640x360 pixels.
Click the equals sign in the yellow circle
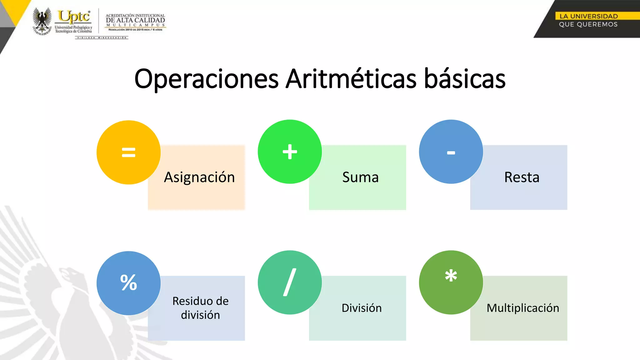coord(128,152)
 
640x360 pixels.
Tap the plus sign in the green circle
coord(290,152)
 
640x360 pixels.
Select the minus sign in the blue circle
coord(451,153)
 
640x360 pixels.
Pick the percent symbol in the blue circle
coord(128,282)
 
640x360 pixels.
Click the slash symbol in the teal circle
coord(290,282)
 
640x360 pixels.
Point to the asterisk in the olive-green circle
coord(451,276)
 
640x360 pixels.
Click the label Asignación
coord(199,177)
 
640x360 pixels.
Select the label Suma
coord(360,177)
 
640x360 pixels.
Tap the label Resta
coord(522,177)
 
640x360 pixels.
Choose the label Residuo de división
coord(200,308)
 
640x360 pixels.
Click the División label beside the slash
coord(362,308)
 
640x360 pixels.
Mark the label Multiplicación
coord(523,308)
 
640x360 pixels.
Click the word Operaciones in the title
coord(206,79)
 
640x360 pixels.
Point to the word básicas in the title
coord(465,79)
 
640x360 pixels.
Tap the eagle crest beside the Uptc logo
coord(42,21)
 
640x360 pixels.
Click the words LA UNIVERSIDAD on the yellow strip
coord(588,16)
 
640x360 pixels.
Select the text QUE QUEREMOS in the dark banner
coord(588,24)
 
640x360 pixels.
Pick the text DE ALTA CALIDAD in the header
coord(135,20)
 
